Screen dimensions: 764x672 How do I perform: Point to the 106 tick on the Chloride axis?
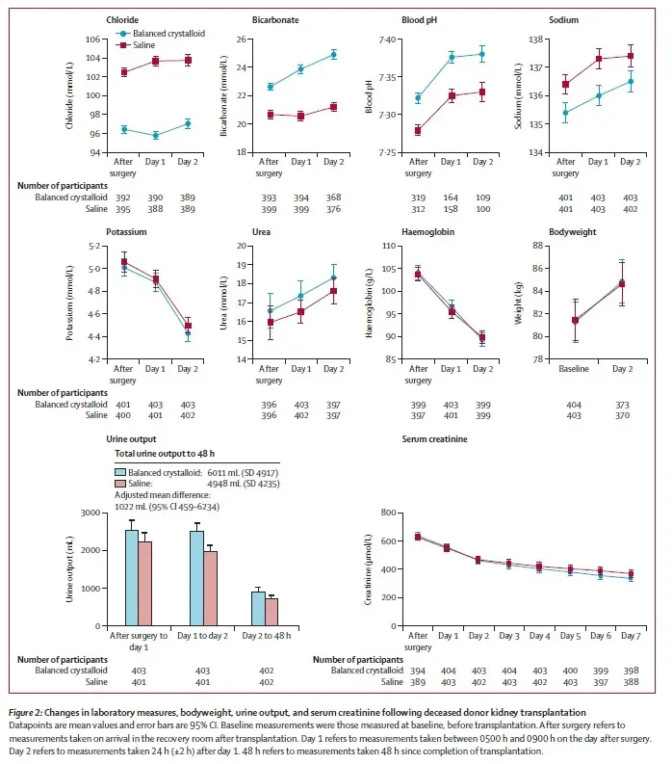pos(93,40)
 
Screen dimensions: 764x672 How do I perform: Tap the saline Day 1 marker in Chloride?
pos(155,62)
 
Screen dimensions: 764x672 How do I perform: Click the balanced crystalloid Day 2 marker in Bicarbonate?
pos(334,55)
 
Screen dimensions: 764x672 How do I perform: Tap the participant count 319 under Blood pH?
pos(418,197)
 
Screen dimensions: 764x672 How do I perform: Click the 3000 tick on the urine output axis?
pos(95,513)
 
